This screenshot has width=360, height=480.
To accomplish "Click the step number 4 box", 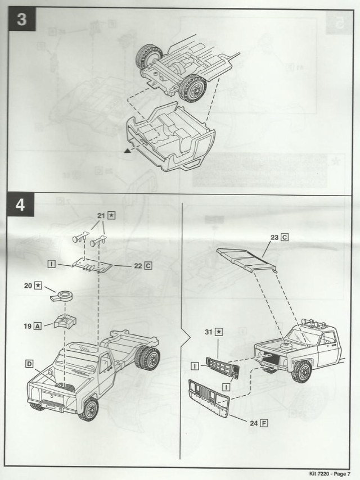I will (20, 205).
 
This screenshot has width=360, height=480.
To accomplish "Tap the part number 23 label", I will (274, 237).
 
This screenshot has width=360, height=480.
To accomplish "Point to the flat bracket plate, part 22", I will (92, 264).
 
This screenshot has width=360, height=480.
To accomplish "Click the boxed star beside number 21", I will (111, 216).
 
